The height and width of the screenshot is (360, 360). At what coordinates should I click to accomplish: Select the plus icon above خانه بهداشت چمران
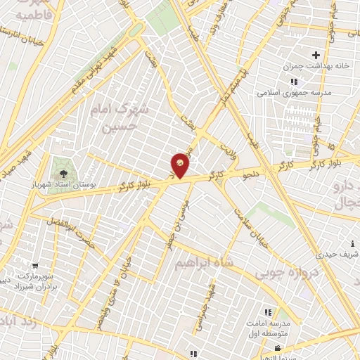[316, 54]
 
